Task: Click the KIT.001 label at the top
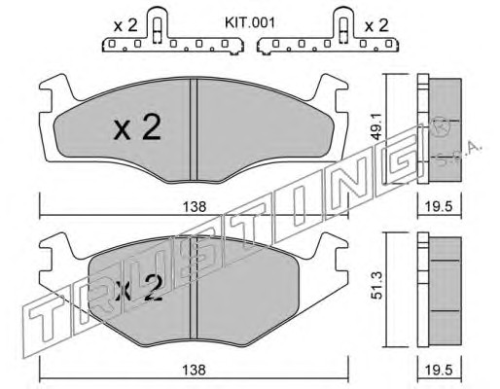point(250,23)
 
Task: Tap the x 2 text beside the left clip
point(125,25)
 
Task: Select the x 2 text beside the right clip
point(376,25)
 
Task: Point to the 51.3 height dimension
point(377,286)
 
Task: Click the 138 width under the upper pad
point(194,206)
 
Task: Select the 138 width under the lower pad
point(194,370)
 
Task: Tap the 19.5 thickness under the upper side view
point(440,206)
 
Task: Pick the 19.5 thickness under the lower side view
point(440,370)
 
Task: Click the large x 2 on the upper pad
point(137,128)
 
